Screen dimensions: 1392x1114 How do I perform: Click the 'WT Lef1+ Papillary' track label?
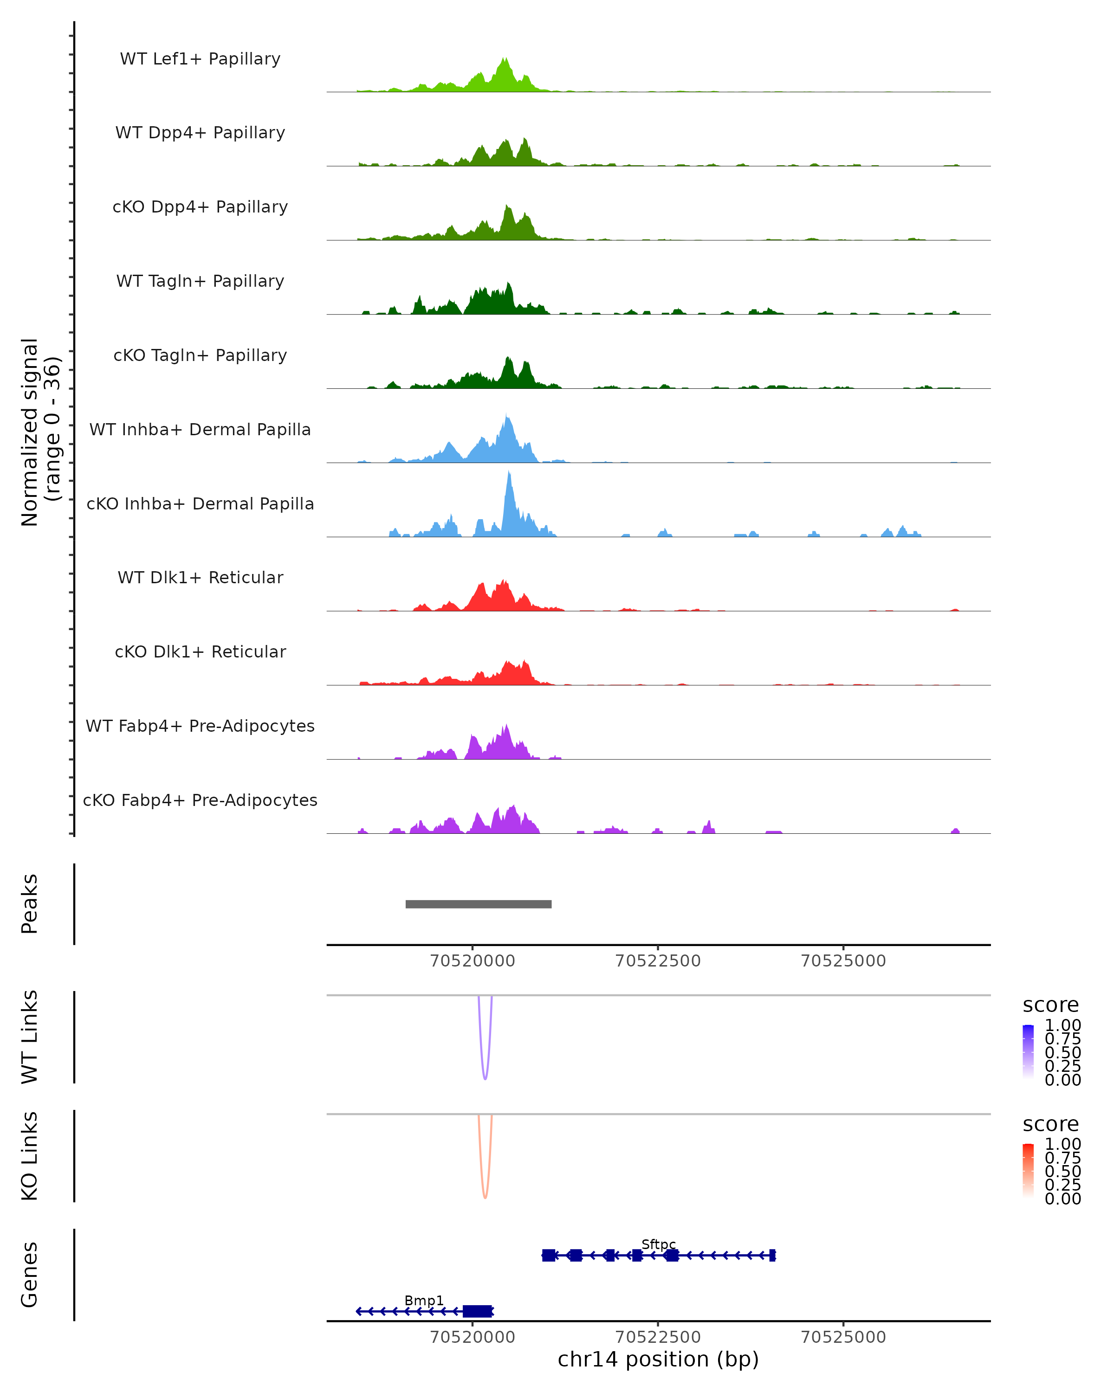point(200,59)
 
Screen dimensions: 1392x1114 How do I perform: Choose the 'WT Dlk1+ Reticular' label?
point(200,577)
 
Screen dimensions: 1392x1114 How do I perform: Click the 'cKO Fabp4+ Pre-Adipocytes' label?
point(200,800)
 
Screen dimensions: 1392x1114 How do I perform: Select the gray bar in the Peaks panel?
point(479,904)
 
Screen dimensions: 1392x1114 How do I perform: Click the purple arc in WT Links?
point(485,1077)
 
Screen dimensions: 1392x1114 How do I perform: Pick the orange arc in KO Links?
point(485,1196)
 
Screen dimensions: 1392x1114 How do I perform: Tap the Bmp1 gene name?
point(424,1300)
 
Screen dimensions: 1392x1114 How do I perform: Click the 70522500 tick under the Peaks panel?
point(658,961)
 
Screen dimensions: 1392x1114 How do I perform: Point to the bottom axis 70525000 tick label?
point(843,1337)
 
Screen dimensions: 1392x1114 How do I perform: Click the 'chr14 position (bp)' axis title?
point(658,1360)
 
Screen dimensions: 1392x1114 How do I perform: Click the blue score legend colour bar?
point(1028,1051)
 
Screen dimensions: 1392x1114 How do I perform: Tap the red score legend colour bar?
point(1028,1170)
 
